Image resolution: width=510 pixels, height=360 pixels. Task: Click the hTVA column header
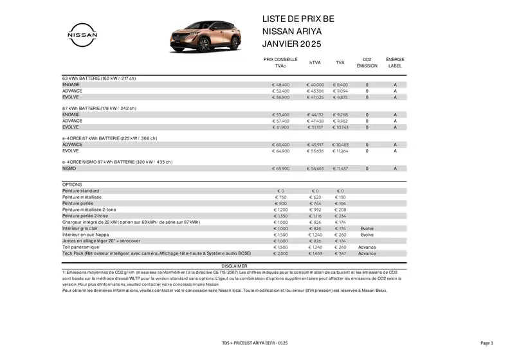[x=315, y=62]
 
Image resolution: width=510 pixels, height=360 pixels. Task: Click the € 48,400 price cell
[x=281, y=85]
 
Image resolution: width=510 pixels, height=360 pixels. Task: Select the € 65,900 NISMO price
[x=281, y=168]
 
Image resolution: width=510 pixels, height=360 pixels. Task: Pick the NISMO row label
[x=69, y=168]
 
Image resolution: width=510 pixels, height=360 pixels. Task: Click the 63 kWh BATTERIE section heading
[x=99, y=78]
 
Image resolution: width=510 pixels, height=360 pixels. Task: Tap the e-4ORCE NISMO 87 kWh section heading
[x=117, y=162]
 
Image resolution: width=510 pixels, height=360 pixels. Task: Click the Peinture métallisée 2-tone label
[x=90, y=210]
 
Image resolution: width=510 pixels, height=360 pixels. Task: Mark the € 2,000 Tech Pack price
[x=281, y=253]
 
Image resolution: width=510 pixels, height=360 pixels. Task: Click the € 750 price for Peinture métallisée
[x=280, y=197]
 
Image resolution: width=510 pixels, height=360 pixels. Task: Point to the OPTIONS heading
[x=72, y=184]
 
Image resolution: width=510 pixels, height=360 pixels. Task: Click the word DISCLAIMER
[x=233, y=265]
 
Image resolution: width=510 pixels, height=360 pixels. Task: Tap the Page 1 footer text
[x=486, y=343]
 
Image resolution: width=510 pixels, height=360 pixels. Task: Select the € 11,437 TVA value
[x=340, y=168]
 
